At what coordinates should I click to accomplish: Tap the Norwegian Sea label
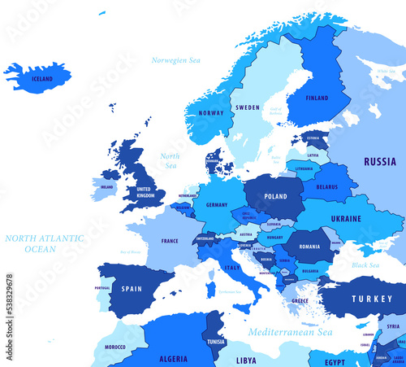tap(175, 60)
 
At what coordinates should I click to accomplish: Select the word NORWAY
tap(210, 113)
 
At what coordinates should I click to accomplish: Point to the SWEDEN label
tap(248, 107)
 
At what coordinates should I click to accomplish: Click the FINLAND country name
tap(317, 98)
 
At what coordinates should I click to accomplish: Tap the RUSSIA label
tap(379, 161)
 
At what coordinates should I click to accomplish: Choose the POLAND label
tap(275, 196)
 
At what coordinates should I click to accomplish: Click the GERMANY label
tap(216, 205)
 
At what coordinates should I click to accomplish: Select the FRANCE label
tap(170, 241)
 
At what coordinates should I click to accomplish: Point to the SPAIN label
tap(132, 288)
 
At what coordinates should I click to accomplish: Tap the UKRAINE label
tap(346, 218)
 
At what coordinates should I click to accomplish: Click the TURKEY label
tap(371, 299)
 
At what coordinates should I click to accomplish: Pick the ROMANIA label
tap(309, 246)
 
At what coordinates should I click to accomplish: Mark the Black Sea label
tap(365, 264)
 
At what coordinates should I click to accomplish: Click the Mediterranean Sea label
tap(291, 333)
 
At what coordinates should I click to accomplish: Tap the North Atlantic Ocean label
tap(44, 243)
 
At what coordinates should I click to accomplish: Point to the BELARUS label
tap(326, 186)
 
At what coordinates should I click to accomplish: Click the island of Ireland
tap(103, 189)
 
